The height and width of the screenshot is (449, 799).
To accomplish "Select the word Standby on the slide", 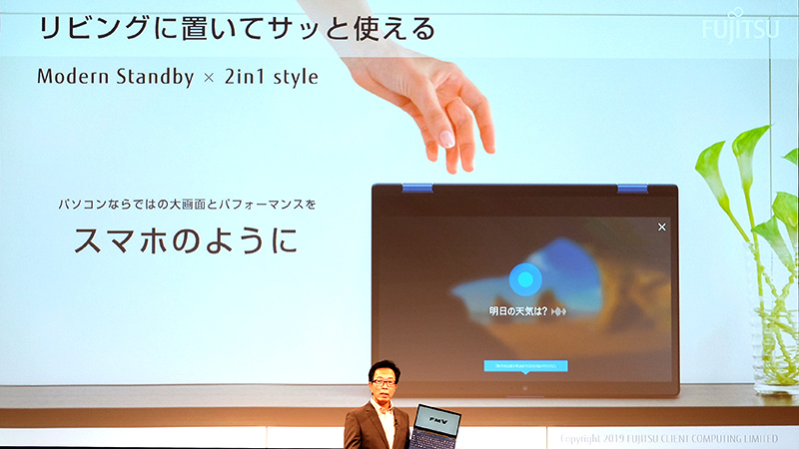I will point(151,76).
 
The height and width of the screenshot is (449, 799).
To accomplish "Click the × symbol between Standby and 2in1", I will point(208,77).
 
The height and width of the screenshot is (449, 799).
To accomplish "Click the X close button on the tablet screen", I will point(661,227).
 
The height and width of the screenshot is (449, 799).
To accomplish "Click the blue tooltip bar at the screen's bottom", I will point(525,366).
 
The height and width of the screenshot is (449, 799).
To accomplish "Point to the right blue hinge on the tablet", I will point(631,188).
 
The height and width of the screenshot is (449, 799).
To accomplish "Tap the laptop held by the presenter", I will point(435,425).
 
